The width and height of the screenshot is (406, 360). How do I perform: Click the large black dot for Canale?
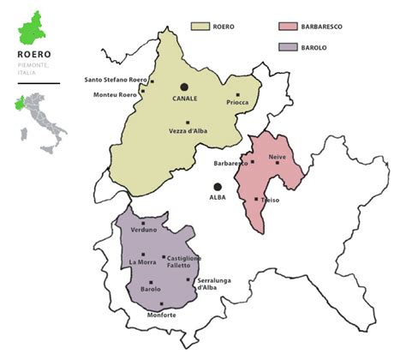[x=183, y=87]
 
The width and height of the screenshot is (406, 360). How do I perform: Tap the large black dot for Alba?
[x=218, y=186]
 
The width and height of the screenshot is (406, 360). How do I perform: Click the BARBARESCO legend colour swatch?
[x=289, y=27]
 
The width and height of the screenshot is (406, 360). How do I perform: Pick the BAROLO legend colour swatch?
[x=289, y=48]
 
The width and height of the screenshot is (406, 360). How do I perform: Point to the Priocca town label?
[x=237, y=103]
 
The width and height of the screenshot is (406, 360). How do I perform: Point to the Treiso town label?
[x=271, y=200]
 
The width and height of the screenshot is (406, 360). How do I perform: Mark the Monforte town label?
[x=162, y=315]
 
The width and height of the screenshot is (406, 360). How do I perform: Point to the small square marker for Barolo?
[x=151, y=282]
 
